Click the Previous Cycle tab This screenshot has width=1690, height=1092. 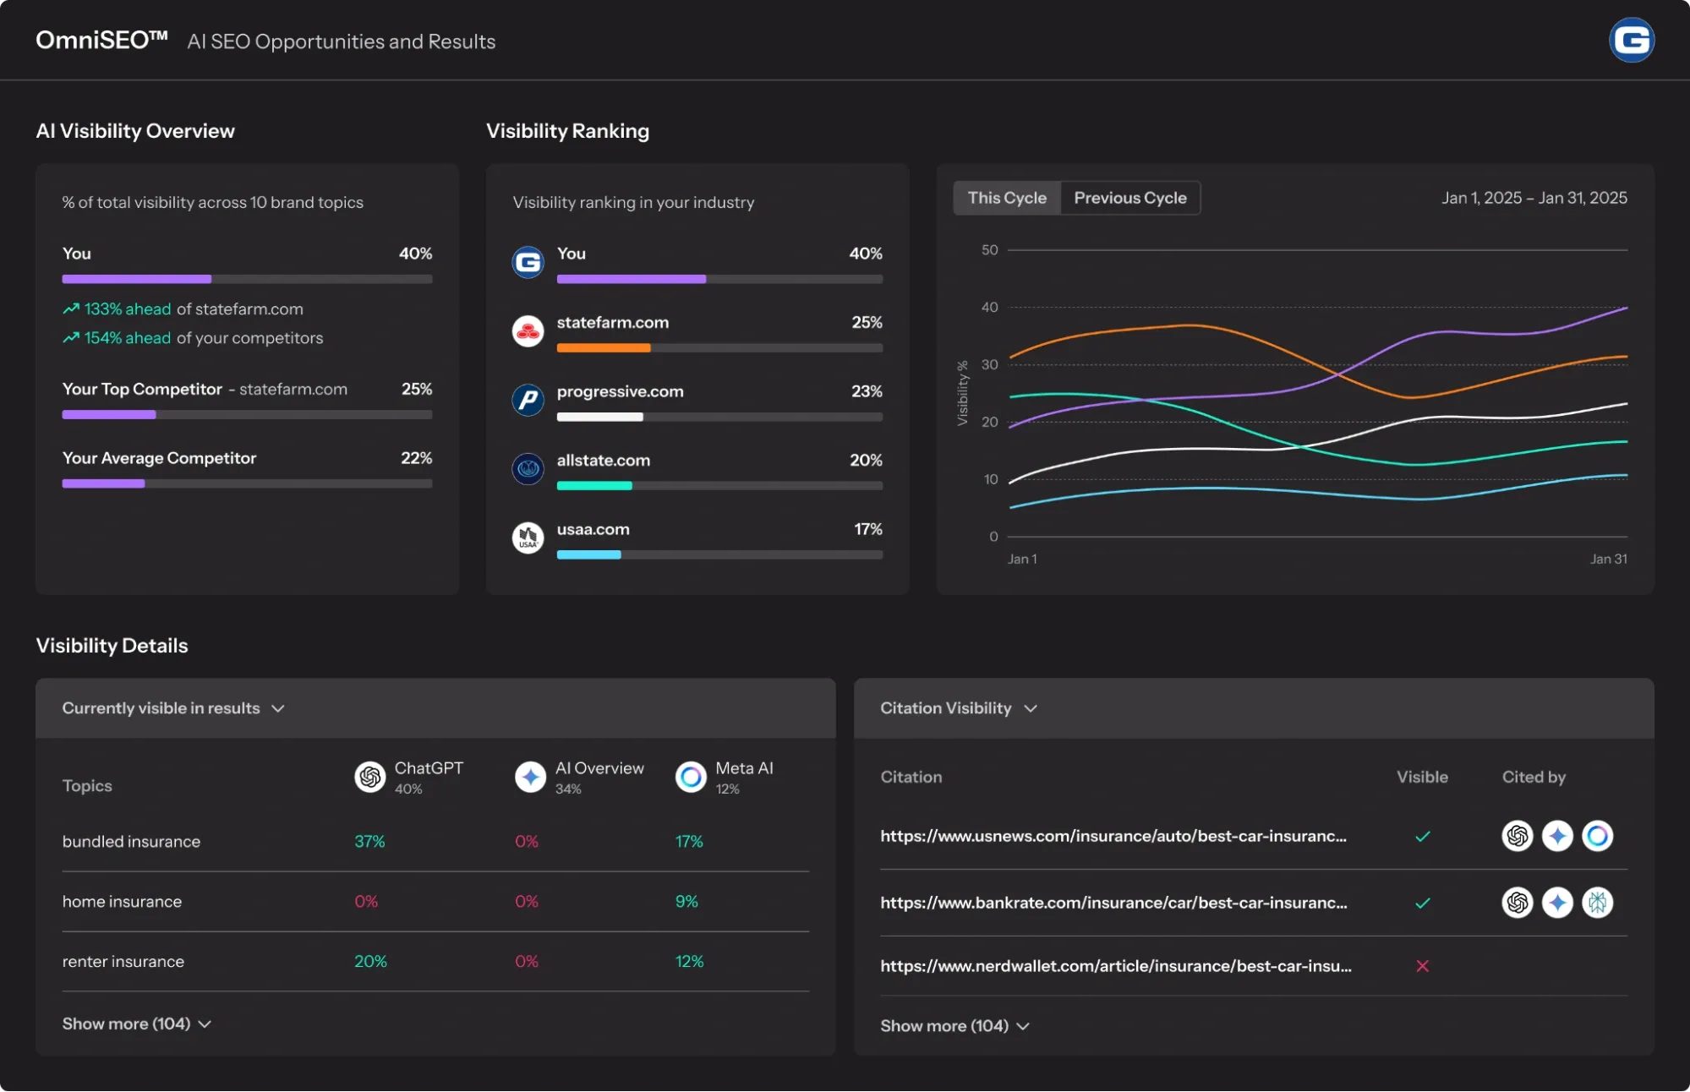tap(1129, 198)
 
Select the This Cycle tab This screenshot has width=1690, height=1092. tap(1006, 198)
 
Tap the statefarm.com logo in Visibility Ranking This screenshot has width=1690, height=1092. tap(528, 331)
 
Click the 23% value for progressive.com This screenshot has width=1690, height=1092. tap(867, 391)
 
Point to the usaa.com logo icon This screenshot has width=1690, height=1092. tap(528, 538)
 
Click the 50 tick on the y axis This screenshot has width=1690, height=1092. tap(989, 250)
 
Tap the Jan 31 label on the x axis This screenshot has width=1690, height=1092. tap(1608, 559)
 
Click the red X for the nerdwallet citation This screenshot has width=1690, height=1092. tap(1422, 966)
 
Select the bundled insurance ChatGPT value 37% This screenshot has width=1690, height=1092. tap(369, 842)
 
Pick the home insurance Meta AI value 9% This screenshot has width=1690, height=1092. tap(686, 902)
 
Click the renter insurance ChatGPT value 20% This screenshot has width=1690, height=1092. tap(370, 962)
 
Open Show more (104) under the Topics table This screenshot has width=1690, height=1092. tap(136, 1024)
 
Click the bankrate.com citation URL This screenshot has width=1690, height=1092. tap(1113, 903)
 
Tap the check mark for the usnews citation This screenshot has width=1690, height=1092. tap(1422, 837)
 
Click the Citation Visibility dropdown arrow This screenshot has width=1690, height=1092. tap(1031, 708)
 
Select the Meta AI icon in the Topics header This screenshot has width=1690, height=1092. tap(691, 777)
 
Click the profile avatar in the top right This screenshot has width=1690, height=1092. tap(1631, 41)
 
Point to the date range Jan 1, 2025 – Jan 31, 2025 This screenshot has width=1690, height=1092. tap(1534, 198)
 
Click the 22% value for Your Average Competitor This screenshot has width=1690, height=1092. tap(416, 458)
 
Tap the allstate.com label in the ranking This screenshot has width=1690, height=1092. tap(603, 461)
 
